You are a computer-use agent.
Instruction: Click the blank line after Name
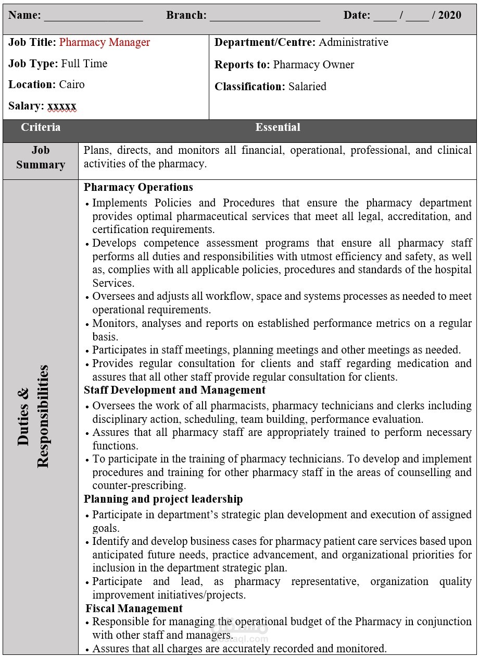(93, 17)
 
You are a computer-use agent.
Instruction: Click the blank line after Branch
(264, 17)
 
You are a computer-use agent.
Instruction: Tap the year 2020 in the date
(450, 15)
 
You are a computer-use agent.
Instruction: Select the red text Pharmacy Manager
(105, 42)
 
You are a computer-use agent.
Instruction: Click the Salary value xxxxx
(62, 106)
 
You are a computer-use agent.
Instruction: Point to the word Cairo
(72, 84)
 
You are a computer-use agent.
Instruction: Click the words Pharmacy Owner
(313, 65)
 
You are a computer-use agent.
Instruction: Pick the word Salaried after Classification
(307, 87)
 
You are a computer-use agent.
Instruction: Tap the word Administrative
(354, 42)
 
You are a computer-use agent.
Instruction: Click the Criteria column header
(41, 127)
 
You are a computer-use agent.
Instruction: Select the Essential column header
(278, 127)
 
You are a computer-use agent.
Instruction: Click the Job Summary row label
(41, 157)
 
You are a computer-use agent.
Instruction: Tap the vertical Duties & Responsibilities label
(33, 416)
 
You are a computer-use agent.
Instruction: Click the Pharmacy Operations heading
(138, 187)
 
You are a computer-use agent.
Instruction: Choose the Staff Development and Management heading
(175, 390)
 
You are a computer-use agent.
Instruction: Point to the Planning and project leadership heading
(163, 499)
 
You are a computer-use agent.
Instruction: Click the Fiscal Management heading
(134, 609)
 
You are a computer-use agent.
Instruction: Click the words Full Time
(84, 64)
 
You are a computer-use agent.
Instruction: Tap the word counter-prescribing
(139, 485)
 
